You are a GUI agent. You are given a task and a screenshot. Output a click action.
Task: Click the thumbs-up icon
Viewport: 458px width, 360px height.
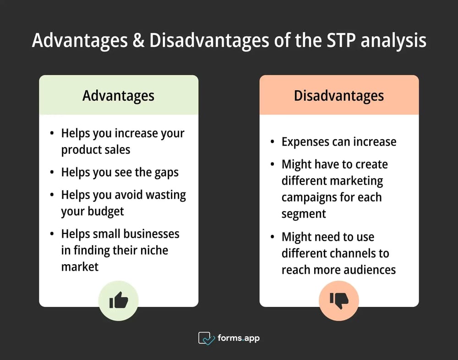coord(119,301)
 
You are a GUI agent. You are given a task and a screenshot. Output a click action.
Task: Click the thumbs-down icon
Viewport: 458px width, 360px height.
coord(339,300)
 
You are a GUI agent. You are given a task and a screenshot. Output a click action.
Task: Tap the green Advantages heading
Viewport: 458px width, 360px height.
coord(118,96)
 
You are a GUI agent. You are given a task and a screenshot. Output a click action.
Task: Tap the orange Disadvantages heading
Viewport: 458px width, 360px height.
coord(339,96)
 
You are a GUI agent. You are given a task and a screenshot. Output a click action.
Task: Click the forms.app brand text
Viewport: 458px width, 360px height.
coord(238,338)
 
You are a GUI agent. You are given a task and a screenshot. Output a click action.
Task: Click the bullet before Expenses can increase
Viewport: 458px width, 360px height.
coord(273,142)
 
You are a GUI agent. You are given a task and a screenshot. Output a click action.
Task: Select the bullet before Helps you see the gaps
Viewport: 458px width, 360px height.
coord(52,173)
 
